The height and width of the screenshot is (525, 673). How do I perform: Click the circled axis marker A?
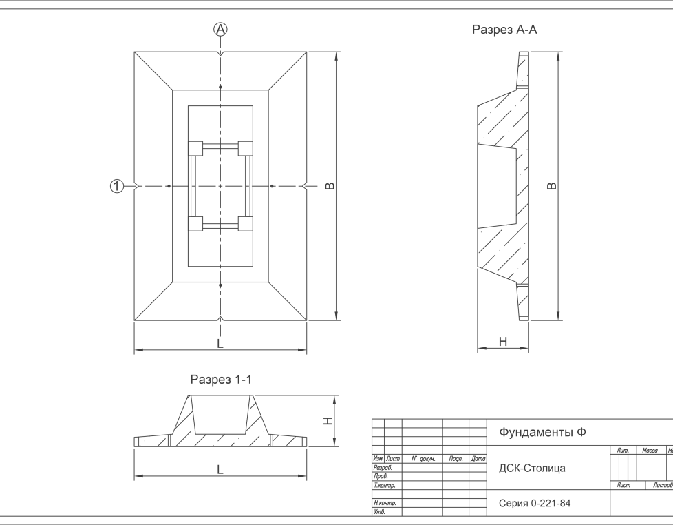coord(220,29)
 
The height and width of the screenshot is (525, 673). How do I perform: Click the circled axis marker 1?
coord(117,186)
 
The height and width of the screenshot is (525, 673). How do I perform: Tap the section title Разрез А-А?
coord(504,30)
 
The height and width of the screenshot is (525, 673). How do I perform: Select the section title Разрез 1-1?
coord(221,380)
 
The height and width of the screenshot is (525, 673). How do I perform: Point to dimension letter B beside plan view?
coord(330,186)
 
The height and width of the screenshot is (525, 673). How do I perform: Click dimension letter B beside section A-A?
coord(552,186)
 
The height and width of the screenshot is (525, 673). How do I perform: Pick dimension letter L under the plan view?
coord(220,344)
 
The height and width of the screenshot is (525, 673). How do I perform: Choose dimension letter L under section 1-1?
coord(220,470)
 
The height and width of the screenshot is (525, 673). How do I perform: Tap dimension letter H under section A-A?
coord(503,342)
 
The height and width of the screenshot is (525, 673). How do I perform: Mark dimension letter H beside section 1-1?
coord(328,421)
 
